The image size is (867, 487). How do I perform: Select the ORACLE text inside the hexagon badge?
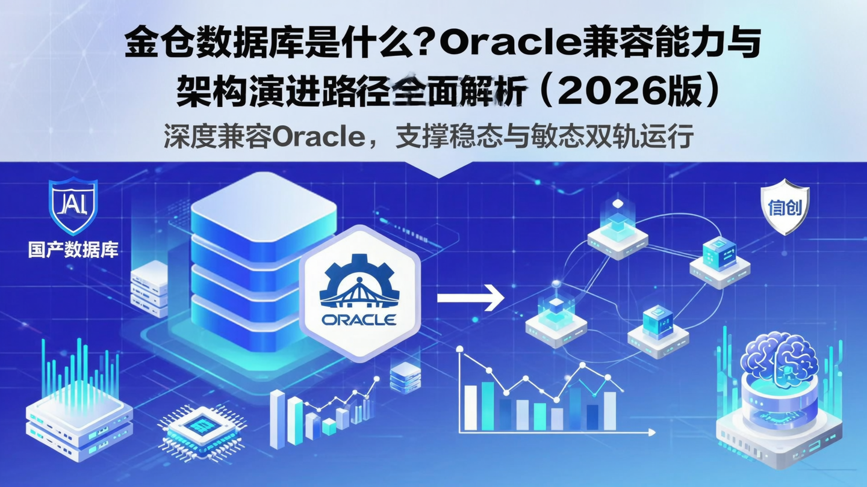tap(359, 319)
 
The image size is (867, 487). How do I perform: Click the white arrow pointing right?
tap(470, 298)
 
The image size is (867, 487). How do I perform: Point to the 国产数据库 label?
tap(73, 250)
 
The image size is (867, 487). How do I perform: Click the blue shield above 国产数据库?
tap(73, 205)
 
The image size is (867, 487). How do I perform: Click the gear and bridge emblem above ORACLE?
tap(359, 282)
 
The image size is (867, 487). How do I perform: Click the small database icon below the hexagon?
tap(405, 375)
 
